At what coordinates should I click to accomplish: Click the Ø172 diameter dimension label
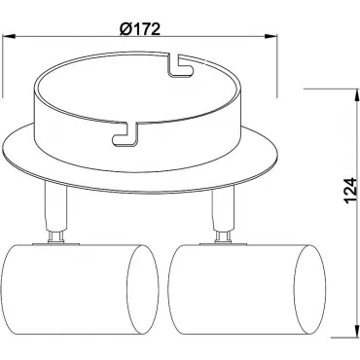point(140,29)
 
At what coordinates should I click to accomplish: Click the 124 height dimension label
point(350,191)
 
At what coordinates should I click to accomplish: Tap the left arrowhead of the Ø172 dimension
point(10,36)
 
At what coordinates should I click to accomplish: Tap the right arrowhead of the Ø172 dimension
point(271,36)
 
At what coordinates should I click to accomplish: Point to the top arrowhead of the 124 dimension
point(357,94)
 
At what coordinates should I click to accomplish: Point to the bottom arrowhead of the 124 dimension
point(357,333)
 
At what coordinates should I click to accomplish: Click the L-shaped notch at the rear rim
point(180,65)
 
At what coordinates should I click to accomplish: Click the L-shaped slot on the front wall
point(126,133)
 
